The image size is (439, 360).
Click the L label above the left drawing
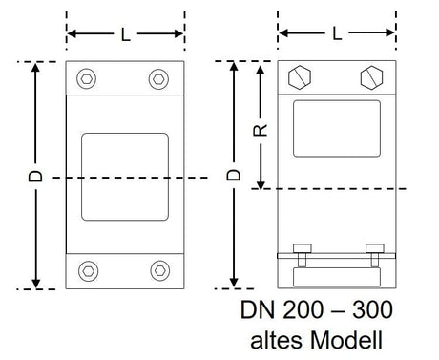[126, 34]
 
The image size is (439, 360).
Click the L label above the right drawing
[337, 33]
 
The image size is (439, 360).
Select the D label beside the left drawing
[35, 176]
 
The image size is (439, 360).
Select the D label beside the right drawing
[234, 175]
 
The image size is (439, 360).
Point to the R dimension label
[261, 131]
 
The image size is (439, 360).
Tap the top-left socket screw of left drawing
[87, 78]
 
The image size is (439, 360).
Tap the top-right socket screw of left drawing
[158, 79]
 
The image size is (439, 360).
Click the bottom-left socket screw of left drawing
[88, 271]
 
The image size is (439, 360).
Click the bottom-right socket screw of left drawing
[160, 270]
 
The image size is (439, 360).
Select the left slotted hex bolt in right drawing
[300, 77]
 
